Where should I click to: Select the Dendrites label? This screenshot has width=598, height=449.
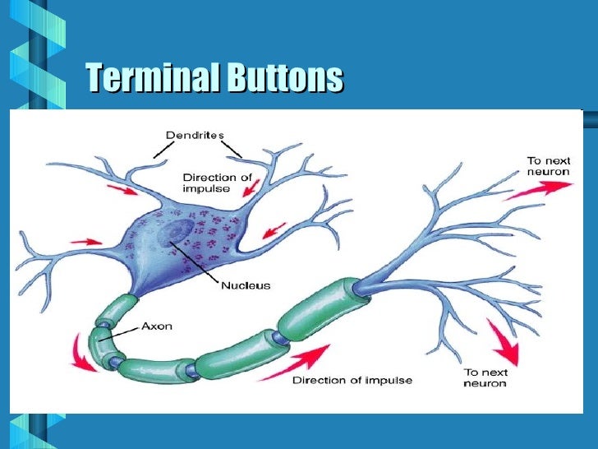click(x=195, y=134)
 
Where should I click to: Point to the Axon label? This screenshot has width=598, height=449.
click(x=156, y=326)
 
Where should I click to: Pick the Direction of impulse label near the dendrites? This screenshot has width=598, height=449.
click(x=216, y=182)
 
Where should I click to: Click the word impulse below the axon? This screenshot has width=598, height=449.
click(x=385, y=380)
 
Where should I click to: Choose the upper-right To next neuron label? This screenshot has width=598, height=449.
click(x=548, y=166)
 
